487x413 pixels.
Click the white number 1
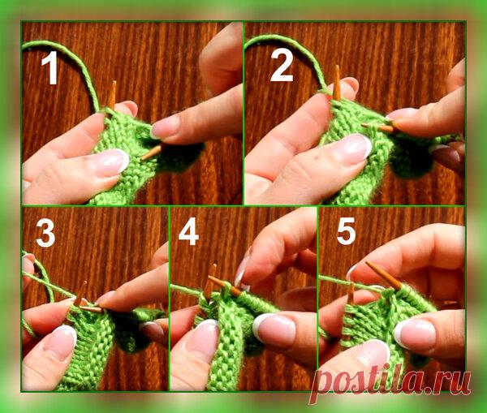(x=50, y=67)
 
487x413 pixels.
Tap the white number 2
(x=282, y=66)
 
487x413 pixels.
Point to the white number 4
(x=188, y=231)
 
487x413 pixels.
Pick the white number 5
(x=346, y=231)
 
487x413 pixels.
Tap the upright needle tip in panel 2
(x=338, y=67)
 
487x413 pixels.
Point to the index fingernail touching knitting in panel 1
(x=164, y=127)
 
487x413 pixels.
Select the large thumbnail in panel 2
(x=354, y=148)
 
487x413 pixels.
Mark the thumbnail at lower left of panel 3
(x=61, y=342)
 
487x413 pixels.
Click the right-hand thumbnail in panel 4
(x=274, y=329)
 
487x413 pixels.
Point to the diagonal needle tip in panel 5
(x=367, y=263)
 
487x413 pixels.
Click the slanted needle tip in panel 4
(x=209, y=277)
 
